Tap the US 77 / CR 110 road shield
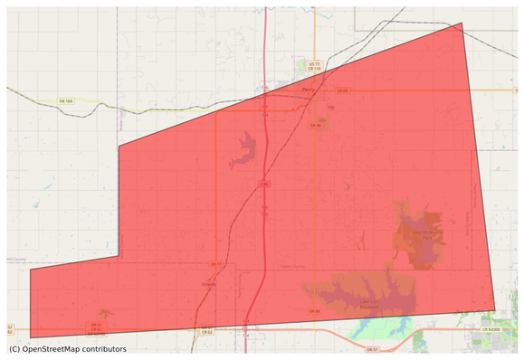point(314,67)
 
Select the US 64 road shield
point(342,90)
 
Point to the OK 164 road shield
point(65,100)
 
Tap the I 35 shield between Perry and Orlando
point(264,185)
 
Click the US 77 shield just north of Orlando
point(215,263)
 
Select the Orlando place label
point(207,282)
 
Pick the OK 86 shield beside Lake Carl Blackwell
point(315,311)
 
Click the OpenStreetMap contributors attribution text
point(68,349)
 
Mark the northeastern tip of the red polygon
point(462,24)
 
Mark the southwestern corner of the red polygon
point(30,337)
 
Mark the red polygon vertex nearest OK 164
point(119,145)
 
